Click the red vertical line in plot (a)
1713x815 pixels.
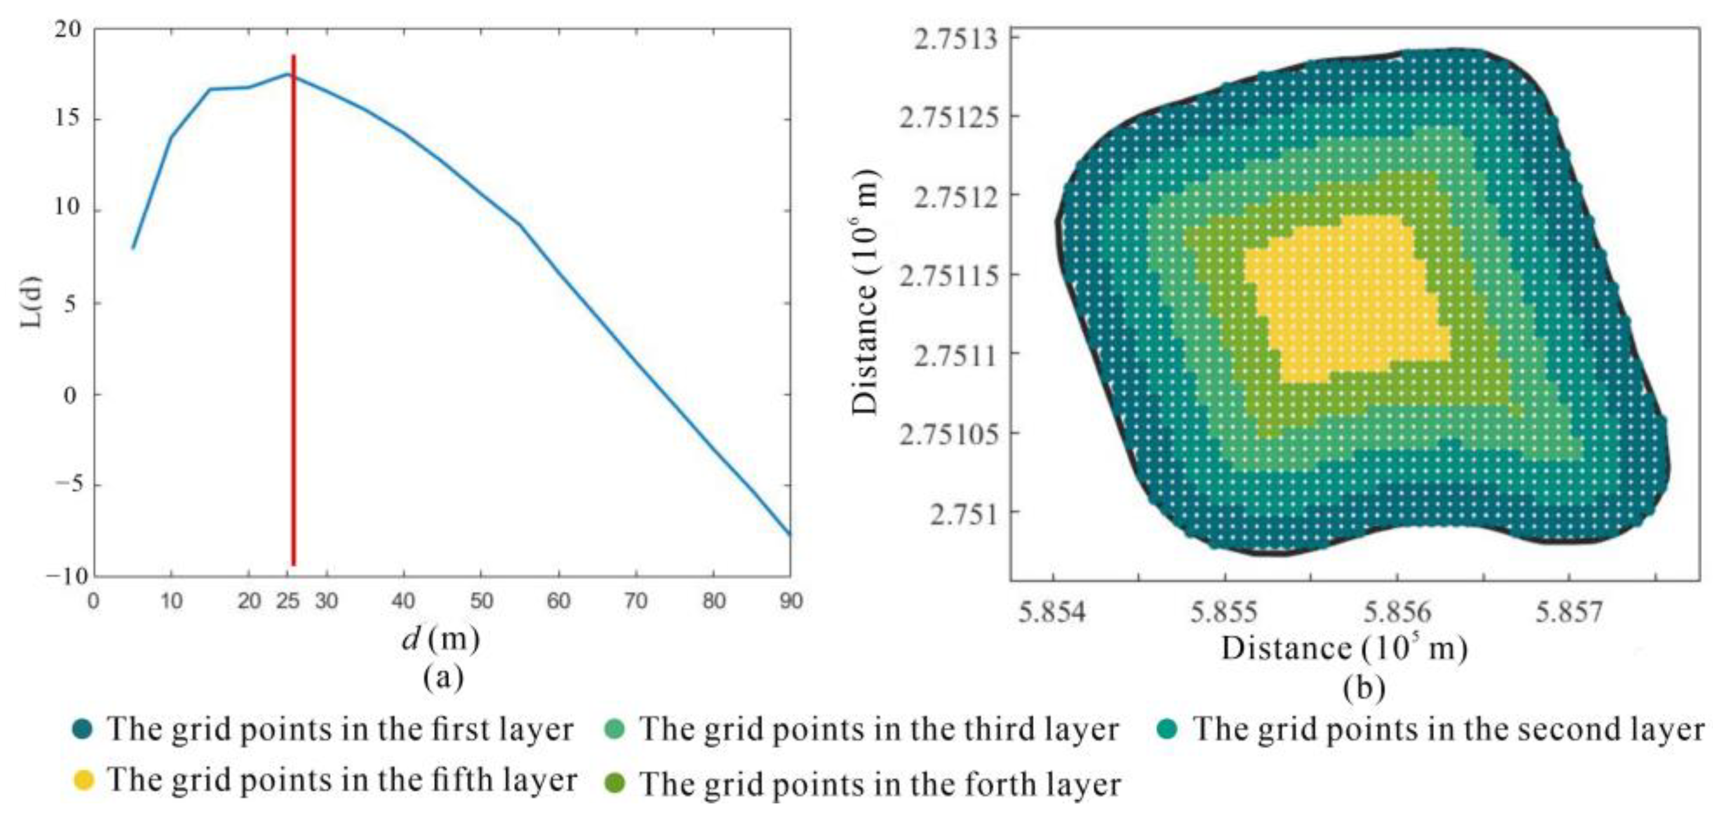(x=293, y=312)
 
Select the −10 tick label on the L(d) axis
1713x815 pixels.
(x=67, y=576)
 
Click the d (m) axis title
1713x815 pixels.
(x=440, y=639)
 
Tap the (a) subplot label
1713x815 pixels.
(x=443, y=678)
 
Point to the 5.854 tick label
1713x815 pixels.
(x=1052, y=612)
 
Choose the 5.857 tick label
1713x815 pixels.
(x=1569, y=612)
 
